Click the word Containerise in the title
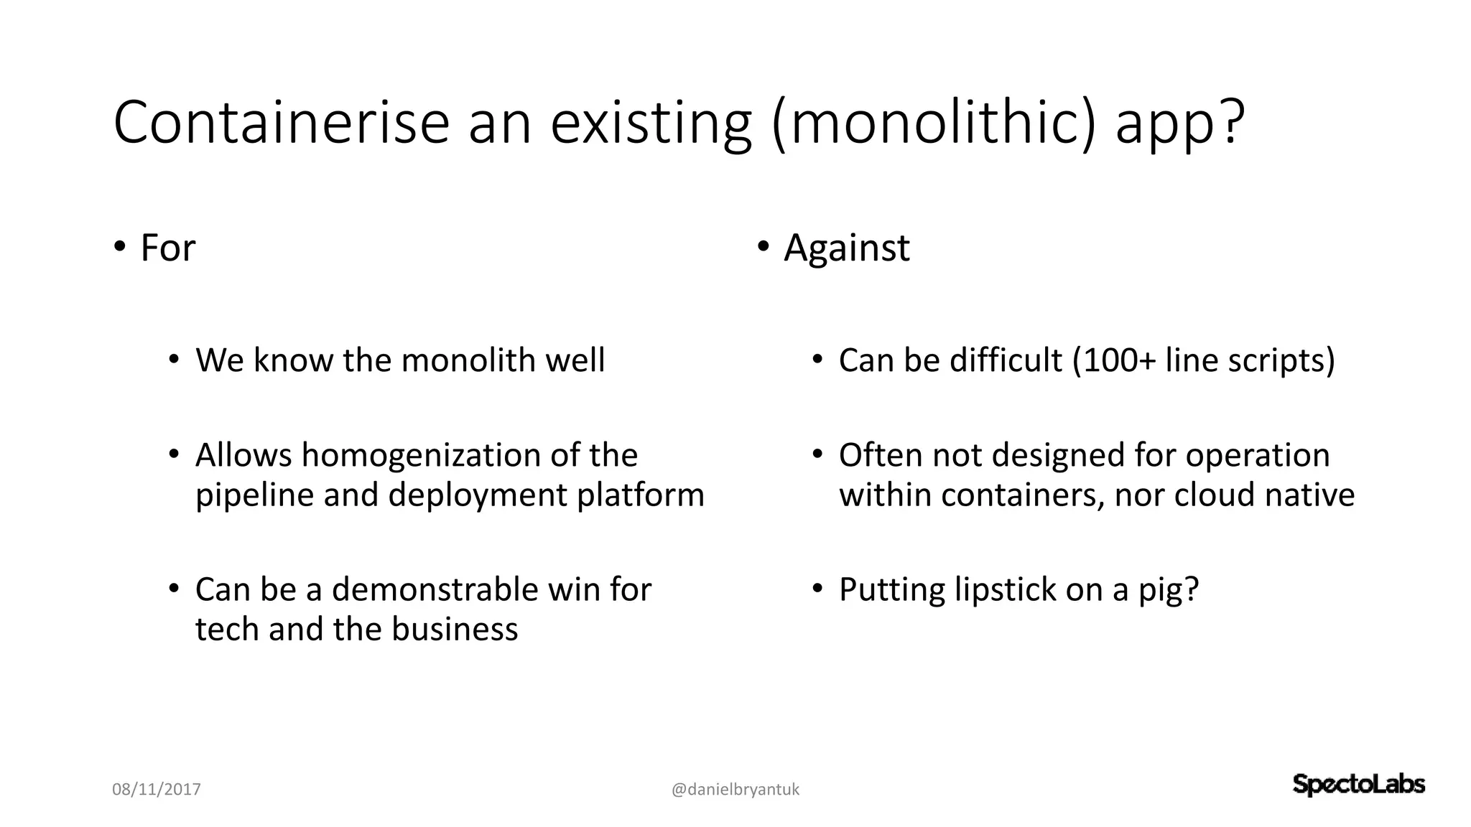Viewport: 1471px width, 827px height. (x=281, y=123)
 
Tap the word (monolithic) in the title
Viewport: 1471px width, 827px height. (x=934, y=124)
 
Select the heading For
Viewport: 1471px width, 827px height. (x=167, y=248)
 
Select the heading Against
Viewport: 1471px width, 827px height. (x=846, y=249)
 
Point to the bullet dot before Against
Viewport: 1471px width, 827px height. (x=762, y=246)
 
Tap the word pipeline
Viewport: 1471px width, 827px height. (x=254, y=495)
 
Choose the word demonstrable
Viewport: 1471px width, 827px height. (x=435, y=589)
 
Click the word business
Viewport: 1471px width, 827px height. (x=454, y=629)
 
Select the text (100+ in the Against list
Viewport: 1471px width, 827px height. (x=1113, y=360)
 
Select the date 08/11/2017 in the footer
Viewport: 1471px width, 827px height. (x=157, y=790)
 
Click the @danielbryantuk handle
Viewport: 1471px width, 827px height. (x=735, y=790)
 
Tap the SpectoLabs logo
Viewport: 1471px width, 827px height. (x=1358, y=785)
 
